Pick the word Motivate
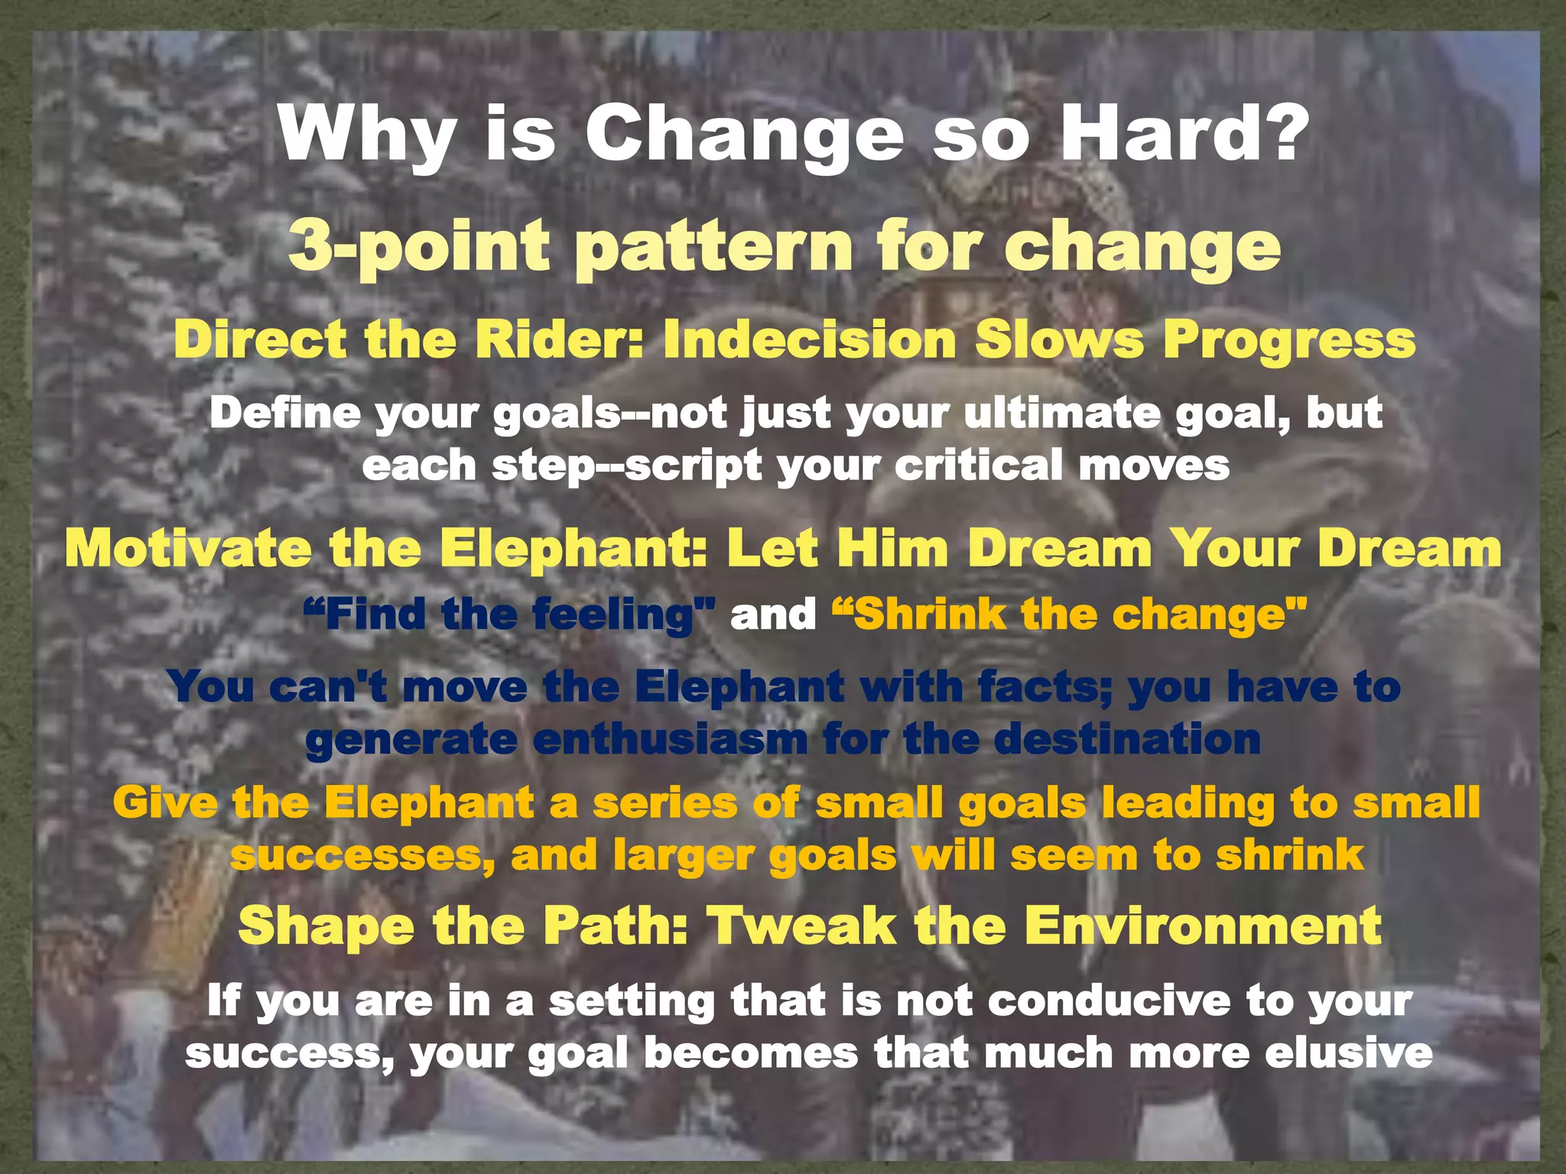pyautogui.click(x=188, y=549)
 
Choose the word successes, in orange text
pyautogui.click(x=362, y=855)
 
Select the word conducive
pyautogui.click(x=1108, y=1001)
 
